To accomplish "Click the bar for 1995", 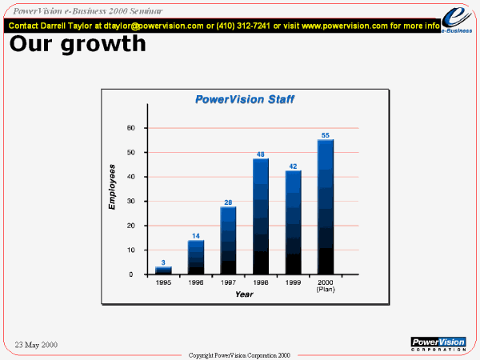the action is pyautogui.click(x=163, y=270).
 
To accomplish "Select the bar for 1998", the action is pyautogui.click(x=261, y=216).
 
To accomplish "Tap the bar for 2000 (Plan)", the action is pyautogui.click(x=326, y=207).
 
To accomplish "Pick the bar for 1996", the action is pyautogui.click(x=196, y=258).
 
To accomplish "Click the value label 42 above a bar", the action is pyautogui.click(x=293, y=166).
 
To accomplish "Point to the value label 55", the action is pyautogui.click(x=326, y=135).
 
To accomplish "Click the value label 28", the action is pyautogui.click(x=228, y=202).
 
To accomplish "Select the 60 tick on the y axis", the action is pyautogui.click(x=131, y=128).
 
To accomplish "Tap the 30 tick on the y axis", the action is pyautogui.click(x=131, y=201).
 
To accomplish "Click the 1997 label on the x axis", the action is pyautogui.click(x=228, y=282).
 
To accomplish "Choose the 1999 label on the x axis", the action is pyautogui.click(x=293, y=282).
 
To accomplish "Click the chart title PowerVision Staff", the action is pyautogui.click(x=245, y=99).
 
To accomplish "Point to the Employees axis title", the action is pyautogui.click(x=112, y=187).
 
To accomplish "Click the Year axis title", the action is pyautogui.click(x=244, y=294).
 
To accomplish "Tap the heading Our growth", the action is pyautogui.click(x=78, y=44).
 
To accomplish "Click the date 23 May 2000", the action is pyautogui.click(x=36, y=345).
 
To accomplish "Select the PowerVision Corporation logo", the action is pyautogui.click(x=438, y=344).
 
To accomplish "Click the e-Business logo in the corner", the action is pyautogui.click(x=457, y=20).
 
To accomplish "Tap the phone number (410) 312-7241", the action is pyautogui.click(x=243, y=26).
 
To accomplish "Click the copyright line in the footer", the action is pyautogui.click(x=239, y=355).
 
